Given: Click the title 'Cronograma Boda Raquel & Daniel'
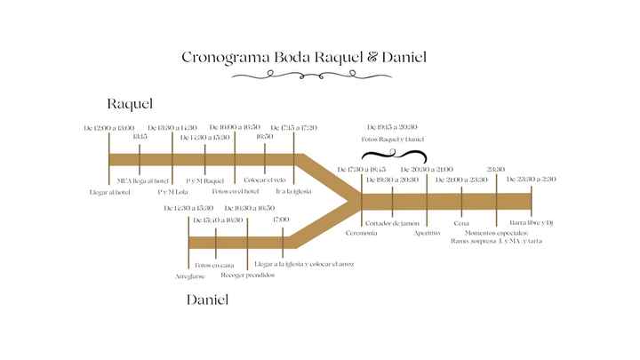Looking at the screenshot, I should pos(304,57).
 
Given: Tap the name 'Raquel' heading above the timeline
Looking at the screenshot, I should pos(130,105).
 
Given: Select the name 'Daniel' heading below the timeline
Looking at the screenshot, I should pos(207,300).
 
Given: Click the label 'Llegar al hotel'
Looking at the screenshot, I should pos(109,191).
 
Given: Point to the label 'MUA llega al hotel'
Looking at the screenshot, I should pos(142,180).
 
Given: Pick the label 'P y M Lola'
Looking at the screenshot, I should pos(172,191).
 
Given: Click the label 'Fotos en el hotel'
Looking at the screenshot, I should pos(236,190).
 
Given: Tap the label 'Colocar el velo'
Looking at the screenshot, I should pos(266,180).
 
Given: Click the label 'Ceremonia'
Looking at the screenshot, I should pos(362,233).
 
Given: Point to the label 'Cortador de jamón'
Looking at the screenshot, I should pos(393,222).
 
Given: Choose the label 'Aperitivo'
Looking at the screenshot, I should pos(428,233).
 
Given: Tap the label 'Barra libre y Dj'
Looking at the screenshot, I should pos(532,222).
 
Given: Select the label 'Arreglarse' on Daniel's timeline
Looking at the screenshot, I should pos(189,276).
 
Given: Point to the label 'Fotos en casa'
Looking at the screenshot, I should pos(215,265).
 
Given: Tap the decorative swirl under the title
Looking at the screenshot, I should pos(303,77).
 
